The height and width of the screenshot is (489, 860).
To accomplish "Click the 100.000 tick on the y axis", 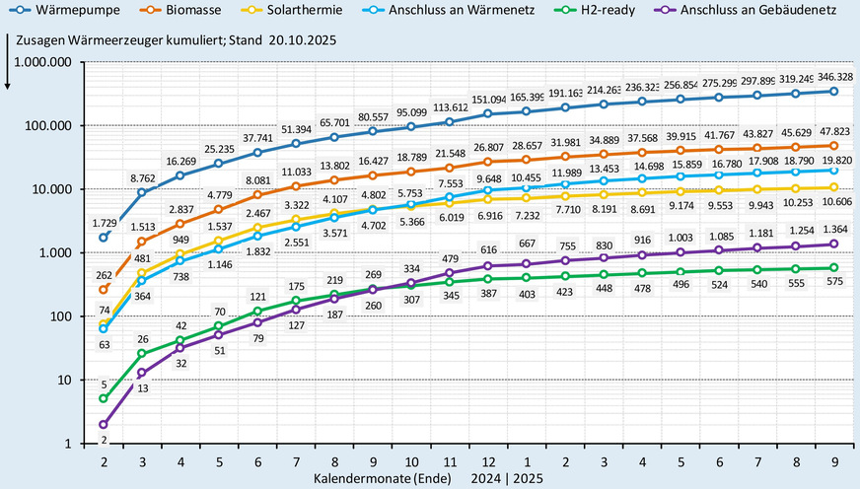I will [x=49, y=125].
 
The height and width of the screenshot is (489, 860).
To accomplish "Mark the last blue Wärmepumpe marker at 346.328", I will [x=833, y=92].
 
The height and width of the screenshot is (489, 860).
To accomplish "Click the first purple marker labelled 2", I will [x=104, y=424].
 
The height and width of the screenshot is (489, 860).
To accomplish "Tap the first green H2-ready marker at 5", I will [x=104, y=398].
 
